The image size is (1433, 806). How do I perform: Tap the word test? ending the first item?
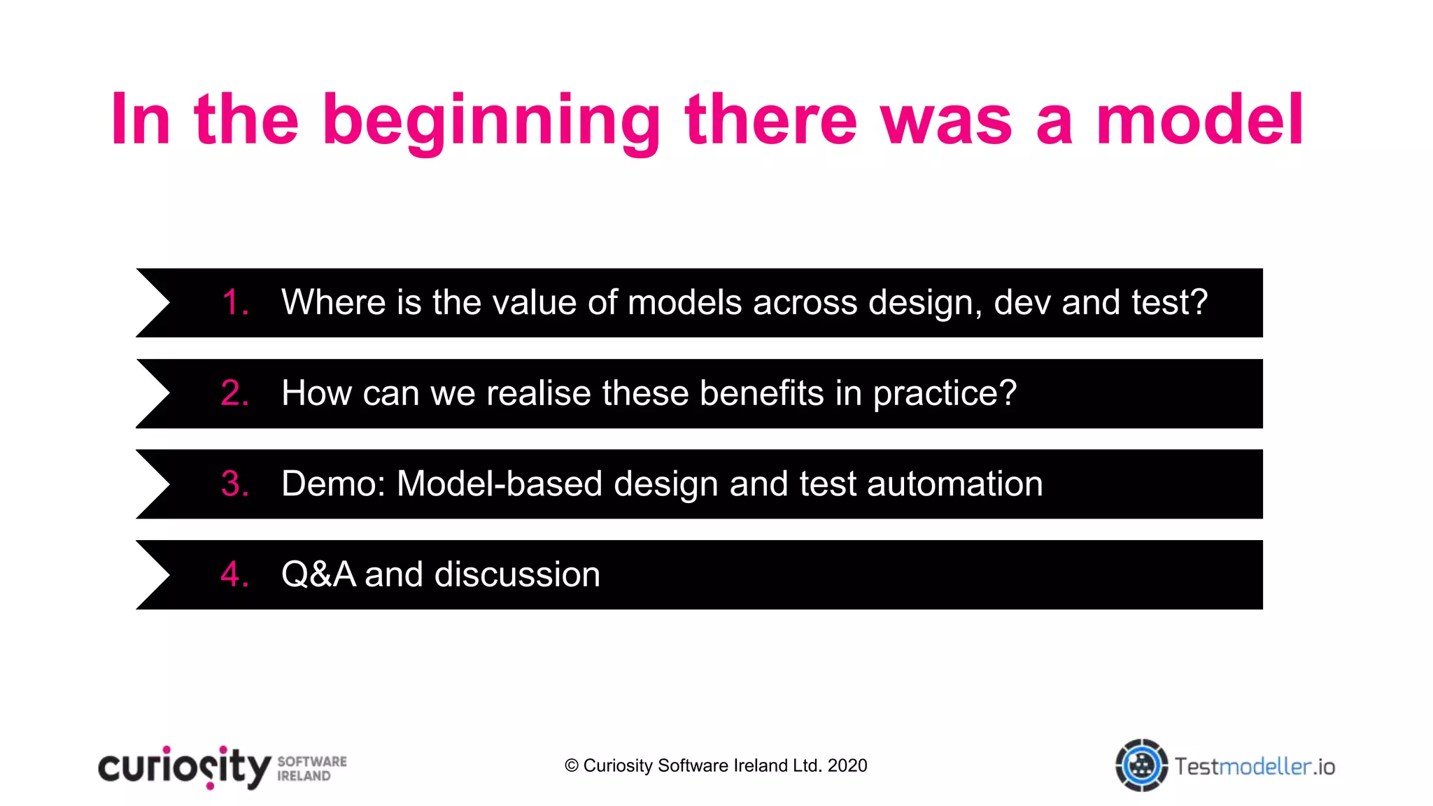pyautogui.click(x=1169, y=303)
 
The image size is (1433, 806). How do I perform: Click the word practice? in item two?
pyautogui.click(x=945, y=393)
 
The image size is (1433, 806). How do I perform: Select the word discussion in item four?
pyautogui.click(x=517, y=574)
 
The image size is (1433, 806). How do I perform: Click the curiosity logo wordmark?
pyautogui.click(x=184, y=768)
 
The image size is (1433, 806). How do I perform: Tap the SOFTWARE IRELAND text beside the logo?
pyautogui.click(x=311, y=768)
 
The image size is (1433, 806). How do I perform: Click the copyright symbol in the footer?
pyautogui.click(x=571, y=766)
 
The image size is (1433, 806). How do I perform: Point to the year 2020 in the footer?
pyautogui.click(x=847, y=766)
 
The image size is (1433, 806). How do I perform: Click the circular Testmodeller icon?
pyautogui.click(x=1141, y=765)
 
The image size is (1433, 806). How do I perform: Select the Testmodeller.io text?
pyautogui.click(x=1254, y=767)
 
